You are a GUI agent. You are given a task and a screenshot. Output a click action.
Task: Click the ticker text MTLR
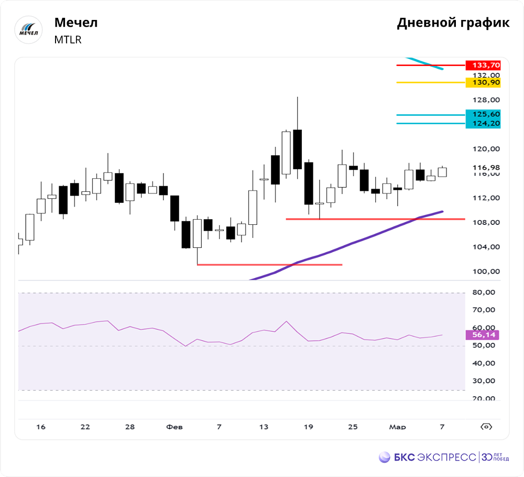click(x=68, y=40)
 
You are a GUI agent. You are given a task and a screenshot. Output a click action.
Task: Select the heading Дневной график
click(x=453, y=23)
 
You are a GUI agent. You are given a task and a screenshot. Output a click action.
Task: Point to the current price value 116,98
click(x=486, y=168)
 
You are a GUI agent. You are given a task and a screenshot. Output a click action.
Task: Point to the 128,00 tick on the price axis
click(x=486, y=100)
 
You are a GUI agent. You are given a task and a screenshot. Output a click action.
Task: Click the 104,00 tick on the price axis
click(x=486, y=247)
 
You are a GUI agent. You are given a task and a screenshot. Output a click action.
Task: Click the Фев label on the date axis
click(x=174, y=427)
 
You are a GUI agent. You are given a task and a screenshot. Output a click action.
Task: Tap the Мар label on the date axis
click(x=397, y=427)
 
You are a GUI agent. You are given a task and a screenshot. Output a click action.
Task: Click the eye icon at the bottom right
click(x=486, y=427)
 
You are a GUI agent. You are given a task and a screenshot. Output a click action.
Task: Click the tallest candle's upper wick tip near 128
click(x=298, y=97)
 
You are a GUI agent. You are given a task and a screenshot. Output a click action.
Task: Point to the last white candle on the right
click(x=442, y=172)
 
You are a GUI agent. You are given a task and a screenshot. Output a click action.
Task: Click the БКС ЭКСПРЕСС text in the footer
click(x=434, y=457)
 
